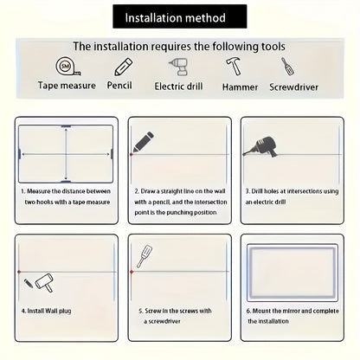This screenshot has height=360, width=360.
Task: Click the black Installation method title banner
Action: (180, 16)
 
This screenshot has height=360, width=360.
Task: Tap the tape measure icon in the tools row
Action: (68, 66)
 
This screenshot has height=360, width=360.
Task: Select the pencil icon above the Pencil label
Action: (123, 67)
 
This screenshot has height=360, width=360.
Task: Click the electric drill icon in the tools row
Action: (179, 67)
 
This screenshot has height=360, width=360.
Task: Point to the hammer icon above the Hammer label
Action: (234, 66)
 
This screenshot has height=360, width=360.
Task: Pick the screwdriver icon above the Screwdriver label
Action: (287, 67)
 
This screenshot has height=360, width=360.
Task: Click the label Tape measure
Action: (67, 86)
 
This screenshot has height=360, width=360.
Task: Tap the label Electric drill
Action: (178, 87)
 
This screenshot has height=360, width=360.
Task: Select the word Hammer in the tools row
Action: (240, 87)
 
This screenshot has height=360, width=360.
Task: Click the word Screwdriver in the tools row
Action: (293, 87)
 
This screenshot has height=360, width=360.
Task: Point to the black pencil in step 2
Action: (143, 142)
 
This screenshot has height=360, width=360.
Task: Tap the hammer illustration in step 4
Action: (45, 283)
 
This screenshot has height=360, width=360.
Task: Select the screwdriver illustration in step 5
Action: (145, 256)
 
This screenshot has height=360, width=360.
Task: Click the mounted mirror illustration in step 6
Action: (292, 273)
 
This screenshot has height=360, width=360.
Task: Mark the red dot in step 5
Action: (132, 272)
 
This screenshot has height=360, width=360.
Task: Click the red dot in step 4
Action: (19, 272)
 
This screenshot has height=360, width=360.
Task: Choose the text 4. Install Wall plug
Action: (46, 311)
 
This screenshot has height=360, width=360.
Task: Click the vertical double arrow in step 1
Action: (66, 154)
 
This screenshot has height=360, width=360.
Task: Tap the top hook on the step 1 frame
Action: (66, 126)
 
